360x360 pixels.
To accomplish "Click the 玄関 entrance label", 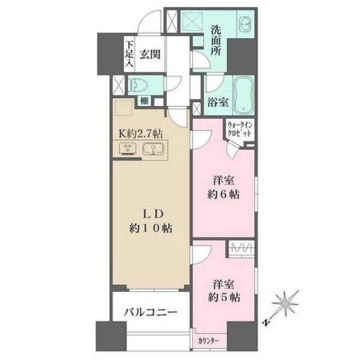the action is [150, 55].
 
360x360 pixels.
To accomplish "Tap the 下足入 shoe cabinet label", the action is [130, 55].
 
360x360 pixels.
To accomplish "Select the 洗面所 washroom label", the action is [216, 40].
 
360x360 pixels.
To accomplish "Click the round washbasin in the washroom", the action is [245, 24].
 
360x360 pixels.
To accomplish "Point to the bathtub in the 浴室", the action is [244, 95].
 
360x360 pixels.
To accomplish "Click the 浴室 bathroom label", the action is [218, 102].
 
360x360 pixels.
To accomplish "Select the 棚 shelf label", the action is [144, 101].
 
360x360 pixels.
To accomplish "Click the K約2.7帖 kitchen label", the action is [140, 134].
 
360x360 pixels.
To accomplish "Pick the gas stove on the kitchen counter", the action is [128, 149].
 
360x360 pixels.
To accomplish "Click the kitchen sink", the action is [154, 149].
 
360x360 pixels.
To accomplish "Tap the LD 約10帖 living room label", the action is [151, 221].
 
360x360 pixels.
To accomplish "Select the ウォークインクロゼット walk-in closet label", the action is [239, 130].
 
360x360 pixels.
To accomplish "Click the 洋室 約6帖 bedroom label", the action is [223, 188].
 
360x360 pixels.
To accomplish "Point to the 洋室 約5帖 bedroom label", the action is [224, 291].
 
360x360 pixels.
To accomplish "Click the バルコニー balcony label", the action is [151, 312].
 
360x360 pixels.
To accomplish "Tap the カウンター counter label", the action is [208, 340].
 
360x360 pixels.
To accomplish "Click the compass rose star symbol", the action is [285, 304].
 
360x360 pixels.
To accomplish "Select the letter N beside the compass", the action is [266, 322].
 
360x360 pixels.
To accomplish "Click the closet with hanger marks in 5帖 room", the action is [242, 248].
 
